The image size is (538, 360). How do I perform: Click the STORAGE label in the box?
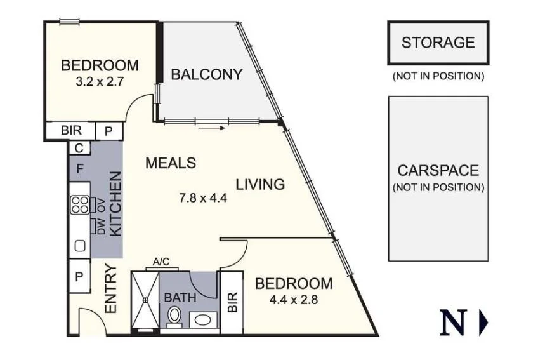point(438,43)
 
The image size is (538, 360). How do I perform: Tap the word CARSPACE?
point(438,171)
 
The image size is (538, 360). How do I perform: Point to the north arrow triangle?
point(483,323)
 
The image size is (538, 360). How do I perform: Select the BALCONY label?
point(207,74)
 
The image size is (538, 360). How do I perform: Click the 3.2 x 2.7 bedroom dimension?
point(100,81)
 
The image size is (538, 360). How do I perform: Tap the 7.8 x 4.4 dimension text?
point(204,197)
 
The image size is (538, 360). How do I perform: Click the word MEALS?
point(171,163)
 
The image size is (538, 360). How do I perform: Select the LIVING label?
point(260,185)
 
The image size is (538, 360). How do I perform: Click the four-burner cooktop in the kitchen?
point(80,204)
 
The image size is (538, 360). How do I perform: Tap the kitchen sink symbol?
point(80,244)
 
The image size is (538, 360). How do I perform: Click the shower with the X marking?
point(145,300)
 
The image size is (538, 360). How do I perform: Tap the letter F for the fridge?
point(79,170)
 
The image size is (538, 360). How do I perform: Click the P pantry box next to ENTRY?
point(79,277)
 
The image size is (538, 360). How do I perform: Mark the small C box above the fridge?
point(79,148)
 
